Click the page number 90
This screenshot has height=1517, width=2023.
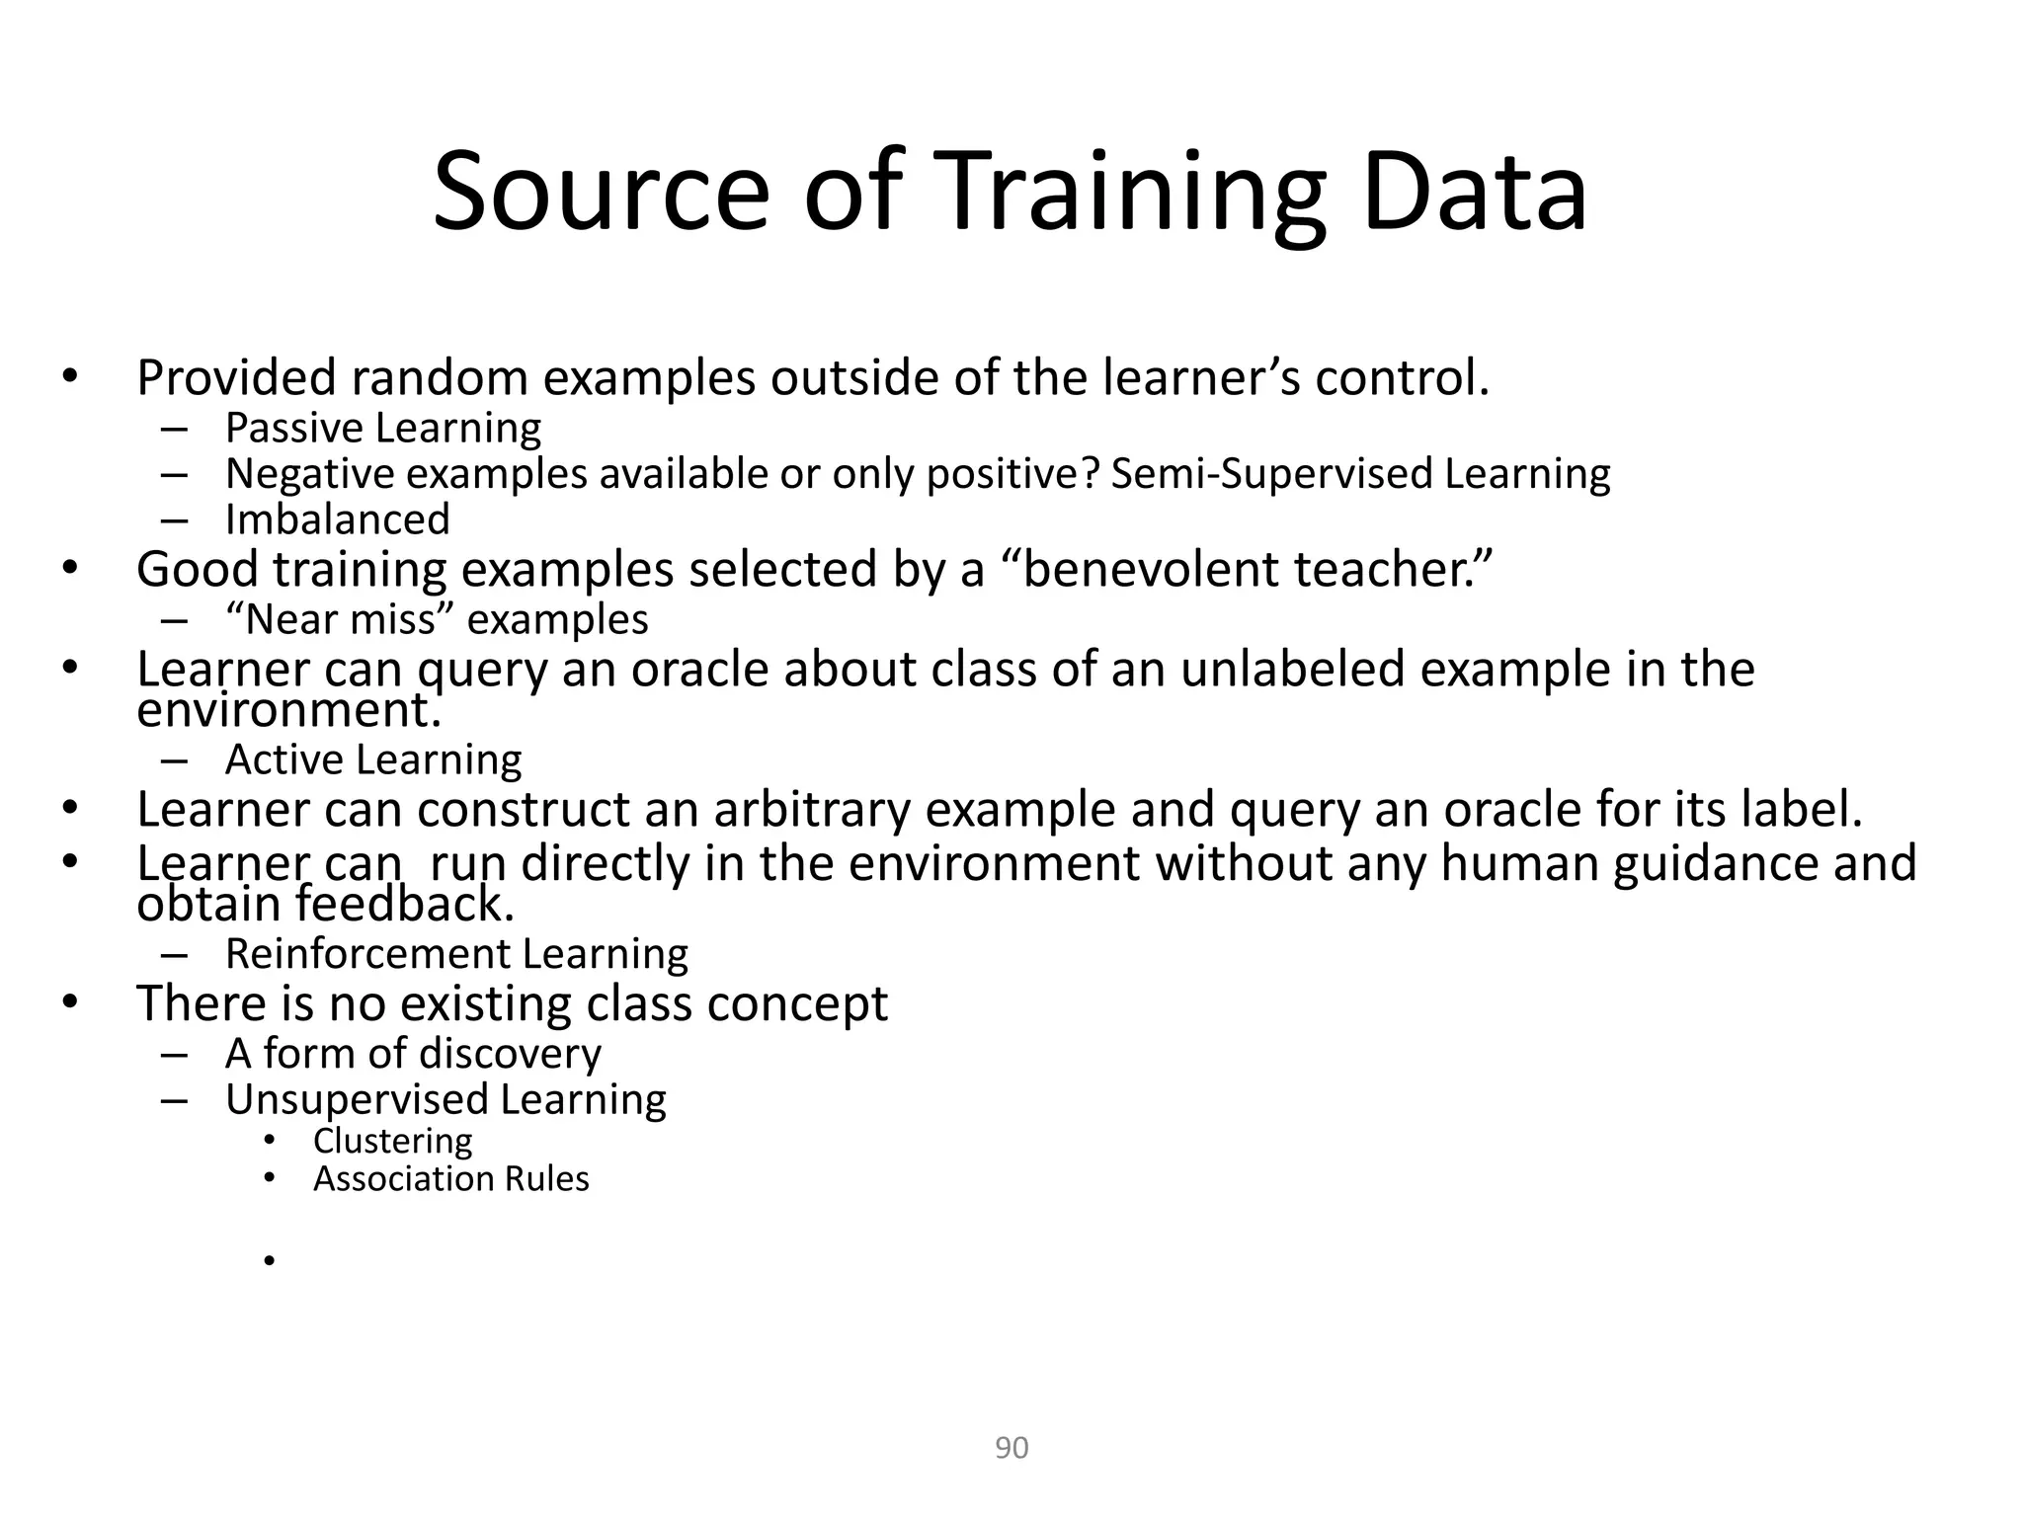1011,1448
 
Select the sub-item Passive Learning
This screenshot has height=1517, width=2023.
383,428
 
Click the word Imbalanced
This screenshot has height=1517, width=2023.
338,519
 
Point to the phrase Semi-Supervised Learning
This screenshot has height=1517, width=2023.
1360,474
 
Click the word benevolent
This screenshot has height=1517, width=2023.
1149,569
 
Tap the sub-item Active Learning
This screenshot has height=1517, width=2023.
373,759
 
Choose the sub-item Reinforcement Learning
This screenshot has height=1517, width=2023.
456,954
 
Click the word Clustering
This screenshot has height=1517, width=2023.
393,1141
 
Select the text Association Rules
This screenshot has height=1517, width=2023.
450,1179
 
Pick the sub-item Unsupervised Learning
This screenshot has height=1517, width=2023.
445,1099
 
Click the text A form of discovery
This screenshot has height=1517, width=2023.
413,1054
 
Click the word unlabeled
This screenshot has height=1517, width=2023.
1293,670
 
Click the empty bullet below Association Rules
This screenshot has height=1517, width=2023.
268,1260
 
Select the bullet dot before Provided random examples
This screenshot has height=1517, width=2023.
68,376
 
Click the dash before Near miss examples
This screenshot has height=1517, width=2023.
173,620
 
